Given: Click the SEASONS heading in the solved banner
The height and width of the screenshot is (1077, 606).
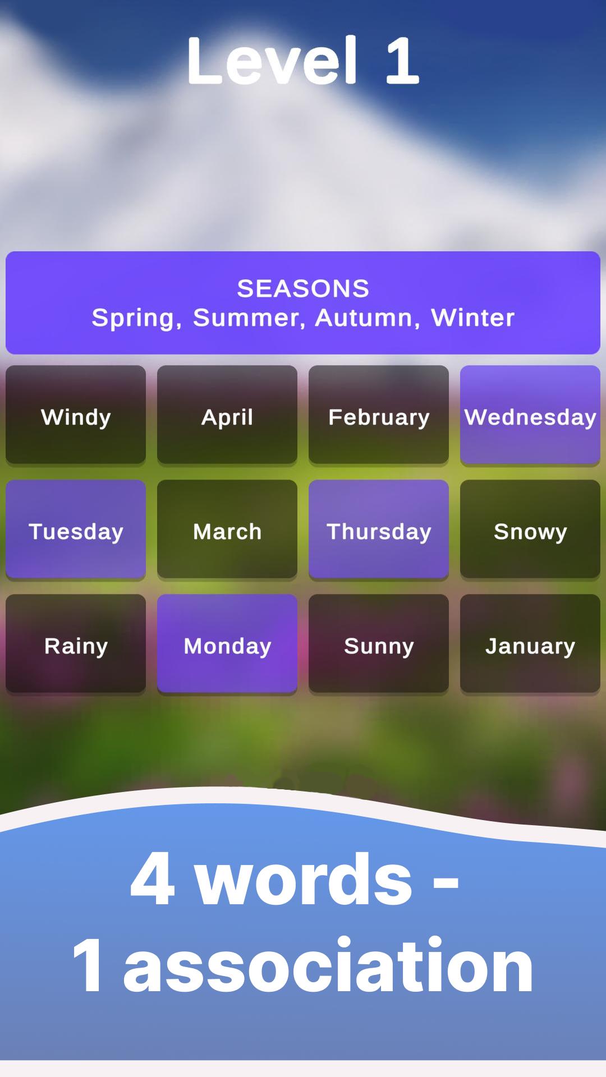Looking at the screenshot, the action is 303,288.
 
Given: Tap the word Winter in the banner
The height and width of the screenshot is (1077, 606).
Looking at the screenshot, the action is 472,317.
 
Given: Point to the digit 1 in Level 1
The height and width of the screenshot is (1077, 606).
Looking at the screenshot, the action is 402,60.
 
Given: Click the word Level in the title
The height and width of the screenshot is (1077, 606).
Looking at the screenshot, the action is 272,60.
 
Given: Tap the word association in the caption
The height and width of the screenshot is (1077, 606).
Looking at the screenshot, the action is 328,966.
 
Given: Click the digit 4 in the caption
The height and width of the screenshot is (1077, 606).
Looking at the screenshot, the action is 152,877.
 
